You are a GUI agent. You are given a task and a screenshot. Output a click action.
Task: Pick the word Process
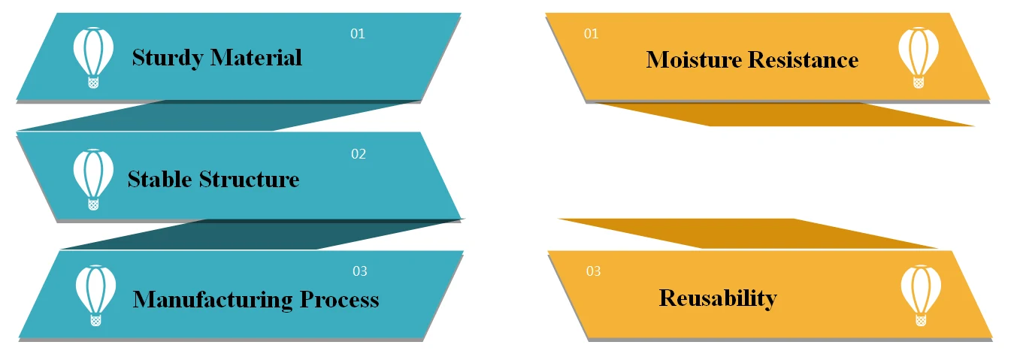[340, 299]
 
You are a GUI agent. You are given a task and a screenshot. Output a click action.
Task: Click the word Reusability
[718, 298]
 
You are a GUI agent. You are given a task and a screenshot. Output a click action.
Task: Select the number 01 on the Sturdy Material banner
[358, 34]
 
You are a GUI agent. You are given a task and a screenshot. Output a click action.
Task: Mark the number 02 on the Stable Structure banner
[359, 154]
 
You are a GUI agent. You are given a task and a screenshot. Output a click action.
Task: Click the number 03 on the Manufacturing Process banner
[360, 271]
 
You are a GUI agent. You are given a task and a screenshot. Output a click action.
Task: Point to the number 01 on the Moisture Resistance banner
[592, 34]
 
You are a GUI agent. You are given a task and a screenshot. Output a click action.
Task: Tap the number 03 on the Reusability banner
[594, 271]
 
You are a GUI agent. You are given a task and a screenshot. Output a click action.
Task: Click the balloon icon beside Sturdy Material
[93, 56]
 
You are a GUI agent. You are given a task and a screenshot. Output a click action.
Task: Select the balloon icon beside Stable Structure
[93, 178]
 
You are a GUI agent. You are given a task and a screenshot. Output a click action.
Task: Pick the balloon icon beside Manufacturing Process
[95, 294]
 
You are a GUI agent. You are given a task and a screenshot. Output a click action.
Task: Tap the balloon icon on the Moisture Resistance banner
[919, 56]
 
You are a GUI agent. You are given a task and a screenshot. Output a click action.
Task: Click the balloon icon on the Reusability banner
[921, 294]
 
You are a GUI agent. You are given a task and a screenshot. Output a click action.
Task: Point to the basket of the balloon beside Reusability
[921, 320]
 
